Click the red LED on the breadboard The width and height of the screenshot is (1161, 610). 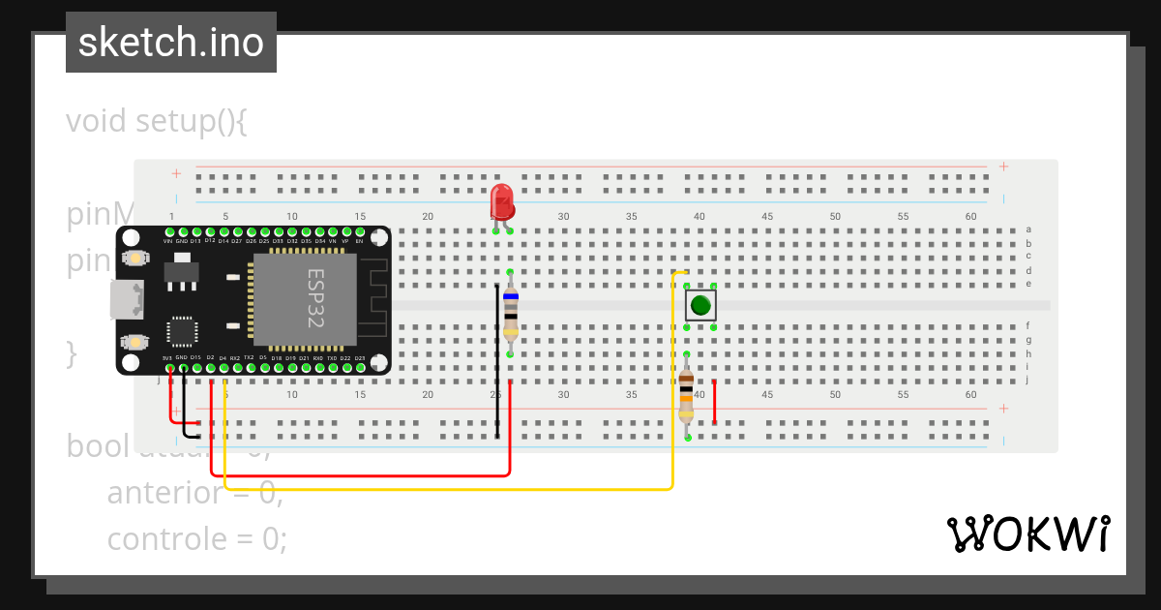point(501,202)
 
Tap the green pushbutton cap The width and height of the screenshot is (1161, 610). point(700,306)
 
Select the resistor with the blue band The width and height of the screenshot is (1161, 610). point(510,314)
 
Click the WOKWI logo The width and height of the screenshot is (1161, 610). point(1027,534)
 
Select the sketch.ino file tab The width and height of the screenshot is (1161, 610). point(171,43)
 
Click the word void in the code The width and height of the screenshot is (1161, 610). point(97,122)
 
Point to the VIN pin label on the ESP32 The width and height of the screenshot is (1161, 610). point(168,240)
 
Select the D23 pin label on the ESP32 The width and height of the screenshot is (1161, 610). point(360,358)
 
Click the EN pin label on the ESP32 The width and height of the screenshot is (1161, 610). point(360,240)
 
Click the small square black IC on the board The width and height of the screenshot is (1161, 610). point(182,331)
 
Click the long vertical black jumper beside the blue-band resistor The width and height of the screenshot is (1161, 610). point(497,360)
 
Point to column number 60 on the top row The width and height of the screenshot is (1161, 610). point(970,216)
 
